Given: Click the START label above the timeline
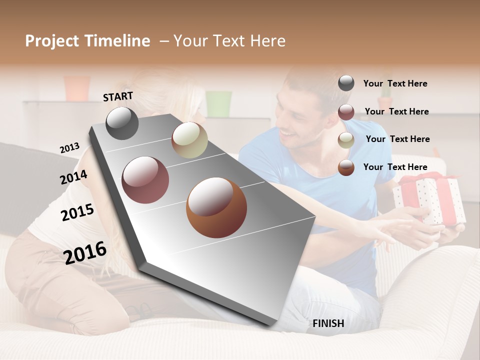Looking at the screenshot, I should click(118, 96).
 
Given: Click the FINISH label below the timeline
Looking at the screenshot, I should click(328, 323).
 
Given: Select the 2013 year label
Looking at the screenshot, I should click(69, 147).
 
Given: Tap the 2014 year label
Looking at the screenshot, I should click(73, 177).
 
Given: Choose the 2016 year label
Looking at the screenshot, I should click(85, 252).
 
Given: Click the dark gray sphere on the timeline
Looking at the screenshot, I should click(122, 123).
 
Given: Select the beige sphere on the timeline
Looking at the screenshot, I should click(189, 140).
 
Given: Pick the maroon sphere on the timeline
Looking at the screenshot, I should click(145, 180).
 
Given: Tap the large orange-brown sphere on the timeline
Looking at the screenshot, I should click(216, 207).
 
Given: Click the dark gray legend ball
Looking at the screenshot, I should click(346, 83).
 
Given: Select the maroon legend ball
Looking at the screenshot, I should click(346, 111).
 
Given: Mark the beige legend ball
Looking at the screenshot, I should click(346, 140).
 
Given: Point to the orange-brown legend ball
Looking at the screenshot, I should click(346, 167).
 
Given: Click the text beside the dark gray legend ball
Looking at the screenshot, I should click(395, 83).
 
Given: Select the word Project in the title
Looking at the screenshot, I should click(52, 41).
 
